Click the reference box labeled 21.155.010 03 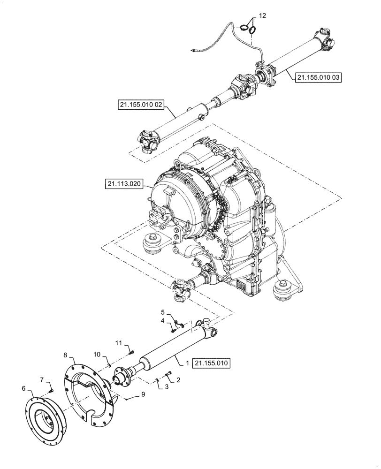(318, 77)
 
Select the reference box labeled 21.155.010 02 (140, 105)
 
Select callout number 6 (24, 388)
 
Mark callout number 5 (163, 312)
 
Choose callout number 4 (163, 321)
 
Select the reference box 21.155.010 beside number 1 (212, 363)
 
